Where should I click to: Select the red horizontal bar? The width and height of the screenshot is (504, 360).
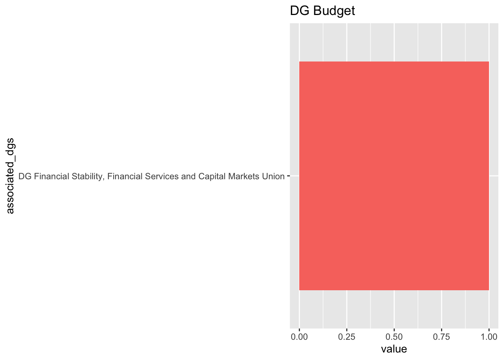[x=394, y=175]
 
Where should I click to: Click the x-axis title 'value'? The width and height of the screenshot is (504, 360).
[x=394, y=349]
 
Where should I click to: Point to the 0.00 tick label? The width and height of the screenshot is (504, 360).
[x=299, y=337]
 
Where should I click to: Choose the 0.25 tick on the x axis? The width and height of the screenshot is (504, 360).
[x=347, y=337]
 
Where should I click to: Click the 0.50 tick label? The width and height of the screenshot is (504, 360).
[x=394, y=337]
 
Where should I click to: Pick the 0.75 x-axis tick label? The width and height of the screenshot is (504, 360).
[x=442, y=337]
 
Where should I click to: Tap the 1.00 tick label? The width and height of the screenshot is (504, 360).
[x=489, y=337]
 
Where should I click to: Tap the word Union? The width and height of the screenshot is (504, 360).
[x=271, y=176]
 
